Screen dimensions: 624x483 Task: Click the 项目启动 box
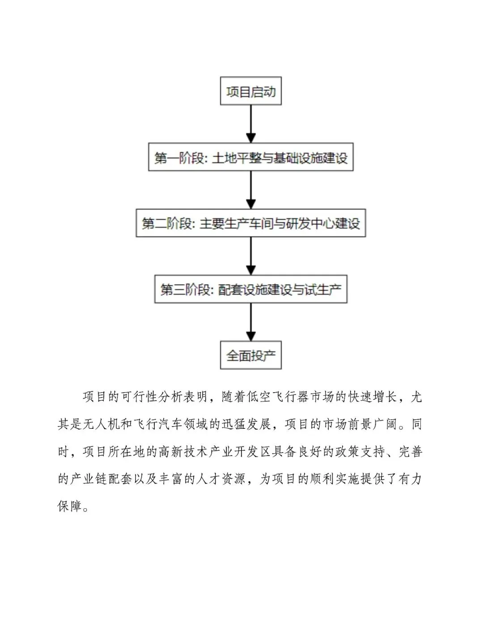250,91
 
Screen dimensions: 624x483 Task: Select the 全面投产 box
250,355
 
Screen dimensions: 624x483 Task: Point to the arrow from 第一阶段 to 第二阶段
251,190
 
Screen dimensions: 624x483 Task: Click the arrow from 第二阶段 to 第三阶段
251,256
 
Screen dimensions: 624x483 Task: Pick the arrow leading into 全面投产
251,322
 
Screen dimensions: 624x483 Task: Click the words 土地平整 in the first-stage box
236,158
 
